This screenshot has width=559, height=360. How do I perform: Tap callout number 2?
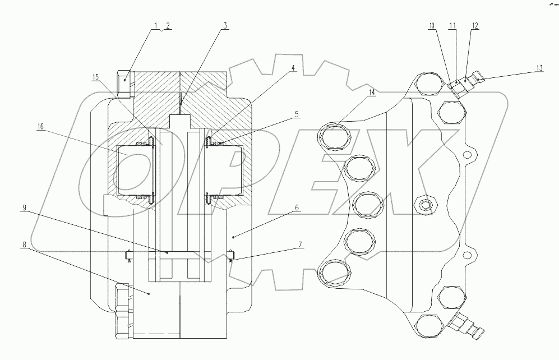[x=168, y=26]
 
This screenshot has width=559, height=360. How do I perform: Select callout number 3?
[x=224, y=26]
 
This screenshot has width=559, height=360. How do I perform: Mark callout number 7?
[x=300, y=244]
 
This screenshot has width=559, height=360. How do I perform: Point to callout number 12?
[x=475, y=26]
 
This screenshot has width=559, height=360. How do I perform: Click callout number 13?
[x=539, y=68]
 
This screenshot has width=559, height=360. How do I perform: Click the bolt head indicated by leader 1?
[x=125, y=84]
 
